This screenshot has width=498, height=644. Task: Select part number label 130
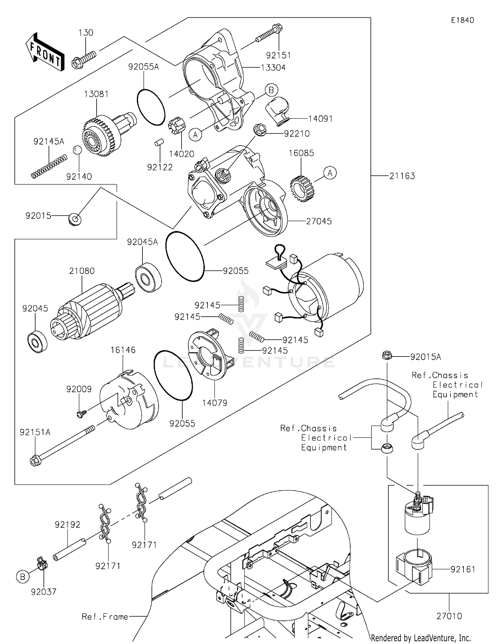click(86, 33)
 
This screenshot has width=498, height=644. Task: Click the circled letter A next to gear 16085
click(330, 173)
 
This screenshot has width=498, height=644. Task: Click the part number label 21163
click(402, 176)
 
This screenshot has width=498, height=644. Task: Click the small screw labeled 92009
click(81, 413)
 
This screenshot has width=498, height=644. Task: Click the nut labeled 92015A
click(386, 356)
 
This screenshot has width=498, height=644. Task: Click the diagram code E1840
click(462, 20)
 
